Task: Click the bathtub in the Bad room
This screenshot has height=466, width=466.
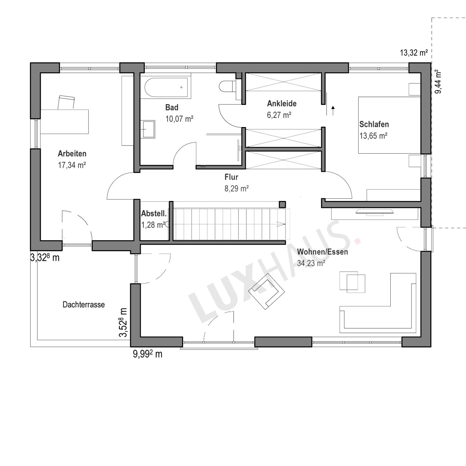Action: [x=166, y=87]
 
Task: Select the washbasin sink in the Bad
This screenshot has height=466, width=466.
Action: [x=148, y=129]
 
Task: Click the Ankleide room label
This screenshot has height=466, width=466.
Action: [x=282, y=103]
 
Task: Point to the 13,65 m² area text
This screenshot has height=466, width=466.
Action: [x=374, y=136]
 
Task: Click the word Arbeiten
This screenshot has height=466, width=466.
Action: [x=72, y=154]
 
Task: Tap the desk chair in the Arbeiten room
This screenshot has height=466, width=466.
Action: [x=66, y=102]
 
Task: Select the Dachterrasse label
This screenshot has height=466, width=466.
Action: [x=84, y=304]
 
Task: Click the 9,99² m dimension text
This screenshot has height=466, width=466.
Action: [x=147, y=354]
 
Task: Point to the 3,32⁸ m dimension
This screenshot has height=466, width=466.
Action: [x=45, y=258]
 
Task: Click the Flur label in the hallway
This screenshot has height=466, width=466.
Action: [x=232, y=177]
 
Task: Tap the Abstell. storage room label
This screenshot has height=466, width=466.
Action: [x=154, y=214]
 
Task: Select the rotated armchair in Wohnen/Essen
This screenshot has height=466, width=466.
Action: [x=268, y=291]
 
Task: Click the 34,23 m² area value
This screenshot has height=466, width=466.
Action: [x=311, y=263]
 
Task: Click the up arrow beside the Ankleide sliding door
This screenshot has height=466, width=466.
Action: [x=333, y=111]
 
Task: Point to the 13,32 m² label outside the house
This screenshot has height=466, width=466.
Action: [x=414, y=52]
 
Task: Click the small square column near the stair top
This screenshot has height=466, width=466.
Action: [x=283, y=204]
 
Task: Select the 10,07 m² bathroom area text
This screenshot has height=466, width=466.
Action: [x=179, y=119]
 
